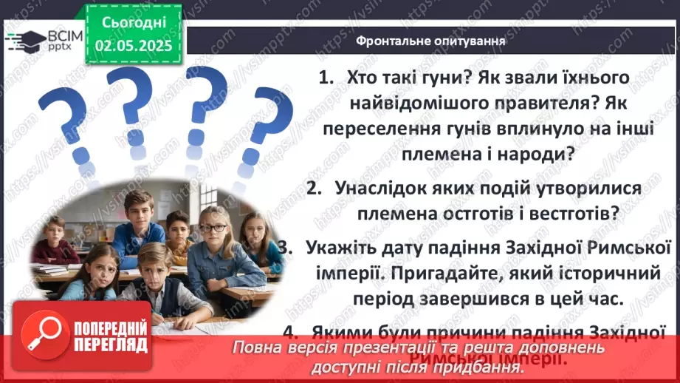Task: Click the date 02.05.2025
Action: point(134,45)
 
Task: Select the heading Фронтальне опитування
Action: point(430,41)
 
